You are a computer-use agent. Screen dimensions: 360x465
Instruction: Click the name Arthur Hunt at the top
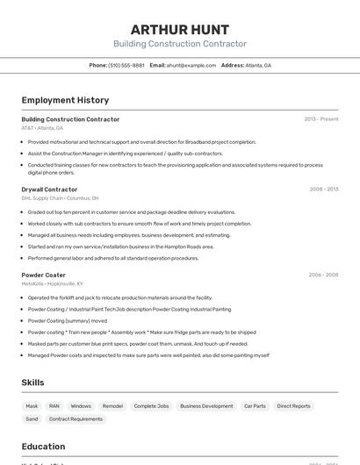coord(180,30)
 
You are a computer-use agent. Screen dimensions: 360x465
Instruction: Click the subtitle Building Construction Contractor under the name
coord(180,44)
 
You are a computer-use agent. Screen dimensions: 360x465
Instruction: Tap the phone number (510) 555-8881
coord(126,65)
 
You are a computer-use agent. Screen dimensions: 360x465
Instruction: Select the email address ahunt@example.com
coord(191,65)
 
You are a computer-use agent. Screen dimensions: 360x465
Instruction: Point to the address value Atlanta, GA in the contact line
coord(258,65)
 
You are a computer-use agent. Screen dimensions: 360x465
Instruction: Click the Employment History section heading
coord(65,100)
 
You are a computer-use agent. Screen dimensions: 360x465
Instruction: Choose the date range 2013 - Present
coord(321,119)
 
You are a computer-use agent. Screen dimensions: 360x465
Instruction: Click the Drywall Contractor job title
coord(49,190)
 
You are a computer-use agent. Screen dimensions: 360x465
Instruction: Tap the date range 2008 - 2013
coord(324,190)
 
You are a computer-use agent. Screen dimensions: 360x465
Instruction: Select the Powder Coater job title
coord(44,275)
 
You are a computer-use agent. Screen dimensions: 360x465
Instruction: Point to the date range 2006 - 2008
coord(324,275)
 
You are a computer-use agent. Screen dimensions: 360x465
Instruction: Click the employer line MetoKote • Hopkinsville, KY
coord(53,283)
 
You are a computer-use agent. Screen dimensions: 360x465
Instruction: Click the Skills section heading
coord(33,383)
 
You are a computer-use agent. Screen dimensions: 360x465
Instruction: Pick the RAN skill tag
coord(54,406)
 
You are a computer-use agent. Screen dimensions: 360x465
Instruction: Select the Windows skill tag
coord(81,406)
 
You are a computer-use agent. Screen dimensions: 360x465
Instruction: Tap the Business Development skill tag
coord(206,406)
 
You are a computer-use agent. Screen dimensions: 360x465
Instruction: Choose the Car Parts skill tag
coord(255,406)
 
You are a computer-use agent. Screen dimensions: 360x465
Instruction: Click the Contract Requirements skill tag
coord(76,419)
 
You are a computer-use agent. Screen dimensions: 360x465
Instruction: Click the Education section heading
coord(43,447)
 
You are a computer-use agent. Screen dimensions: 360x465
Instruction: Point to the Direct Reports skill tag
coord(293,406)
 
